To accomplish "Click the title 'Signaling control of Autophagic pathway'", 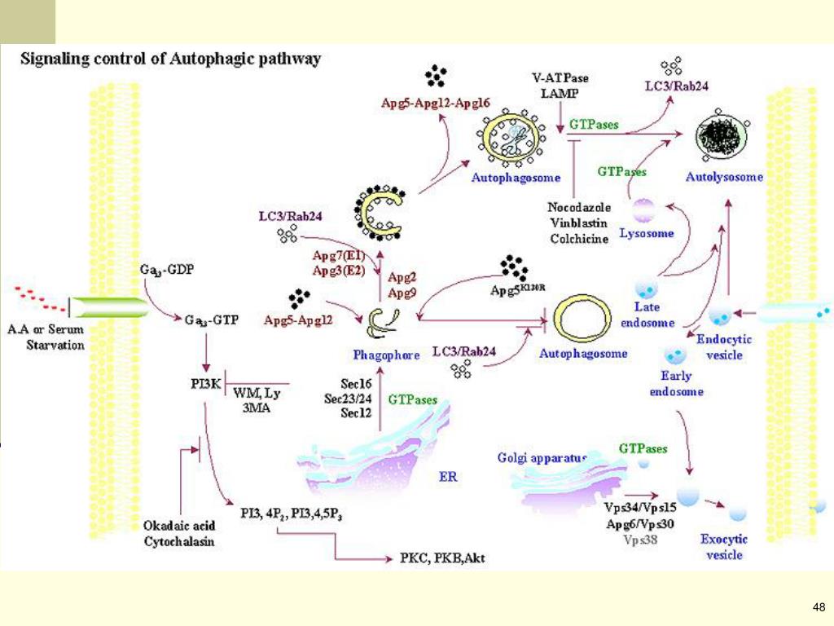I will [170, 60].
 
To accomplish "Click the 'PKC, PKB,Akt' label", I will [443, 559].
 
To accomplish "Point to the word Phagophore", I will [386, 355].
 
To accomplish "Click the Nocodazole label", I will [579, 208].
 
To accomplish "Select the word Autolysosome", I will [724, 177].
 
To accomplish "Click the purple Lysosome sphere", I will [646, 209].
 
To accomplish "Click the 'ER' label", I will [449, 476].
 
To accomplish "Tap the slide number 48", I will [819, 606].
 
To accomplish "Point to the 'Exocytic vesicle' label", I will [724, 547].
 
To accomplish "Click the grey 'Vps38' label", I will [640, 539].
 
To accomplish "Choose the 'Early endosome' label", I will [676, 383].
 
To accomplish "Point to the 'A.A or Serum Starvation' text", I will [46, 337].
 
